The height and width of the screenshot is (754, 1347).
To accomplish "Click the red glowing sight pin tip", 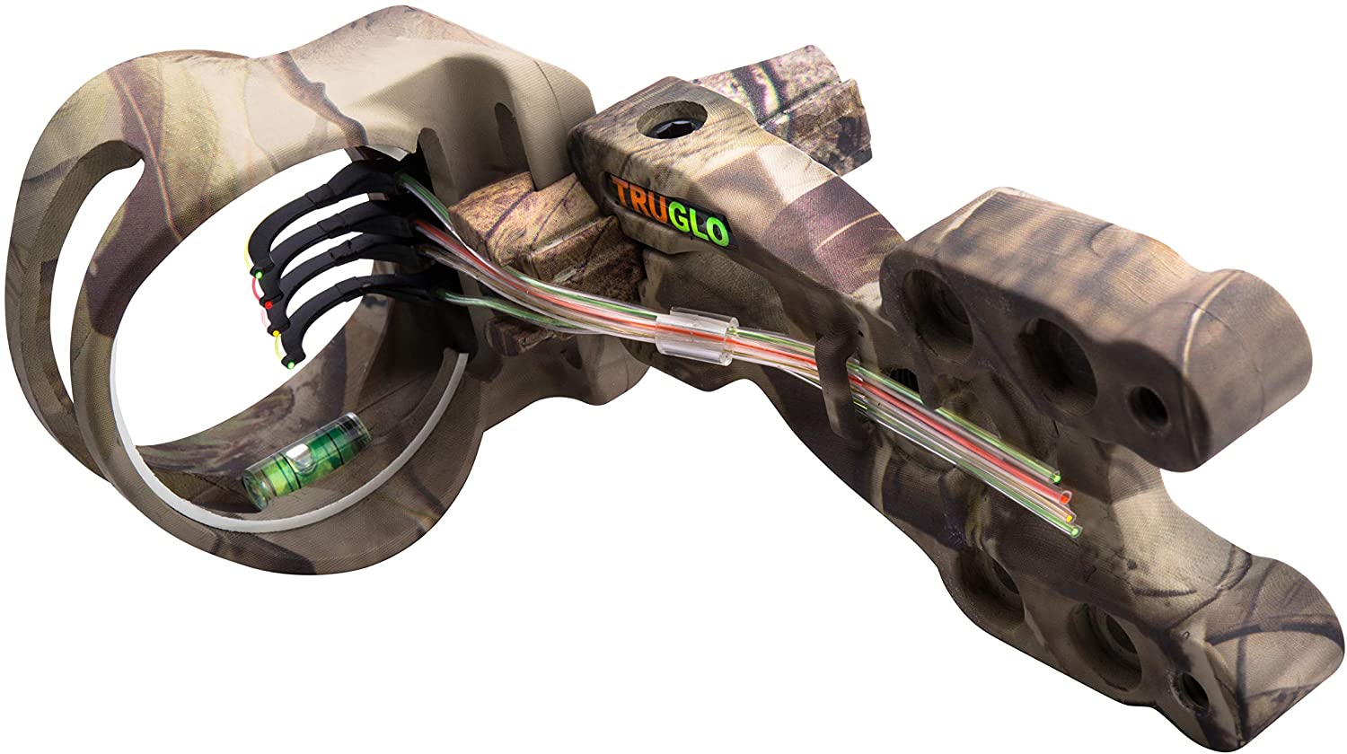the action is [269, 305].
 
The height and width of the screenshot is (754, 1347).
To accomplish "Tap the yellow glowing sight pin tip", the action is [276, 332].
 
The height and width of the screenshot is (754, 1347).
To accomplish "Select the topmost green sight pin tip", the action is [259, 275].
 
